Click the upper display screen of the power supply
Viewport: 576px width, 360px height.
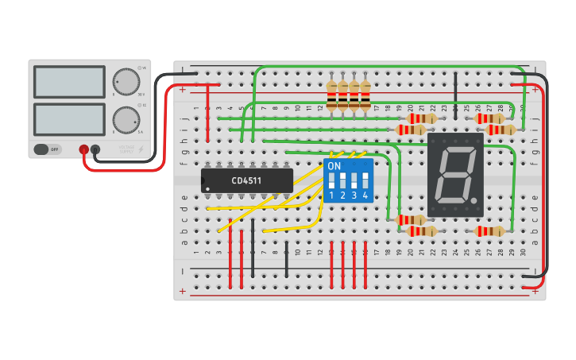pyautogui.click(x=69, y=81)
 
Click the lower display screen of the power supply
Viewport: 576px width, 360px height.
pyautogui.click(x=69, y=118)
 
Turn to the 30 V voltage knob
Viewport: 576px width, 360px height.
pyautogui.click(x=125, y=81)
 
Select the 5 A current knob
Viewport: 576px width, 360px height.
pyautogui.click(x=125, y=120)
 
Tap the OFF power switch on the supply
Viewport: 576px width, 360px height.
pyautogui.click(x=48, y=149)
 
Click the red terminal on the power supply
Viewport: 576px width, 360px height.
pyautogui.click(x=83, y=149)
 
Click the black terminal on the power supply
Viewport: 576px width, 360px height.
pyautogui.click(x=95, y=149)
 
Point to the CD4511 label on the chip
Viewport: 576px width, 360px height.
pyautogui.click(x=247, y=180)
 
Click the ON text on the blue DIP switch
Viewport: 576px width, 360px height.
pyautogui.click(x=334, y=166)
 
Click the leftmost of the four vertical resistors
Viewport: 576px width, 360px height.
pyautogui.click(x=332, y=95)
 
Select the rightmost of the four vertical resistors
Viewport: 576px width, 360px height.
pyautogui.click(x=365, y=95)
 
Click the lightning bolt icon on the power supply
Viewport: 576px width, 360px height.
pyautogui.click(x=141, y=149)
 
